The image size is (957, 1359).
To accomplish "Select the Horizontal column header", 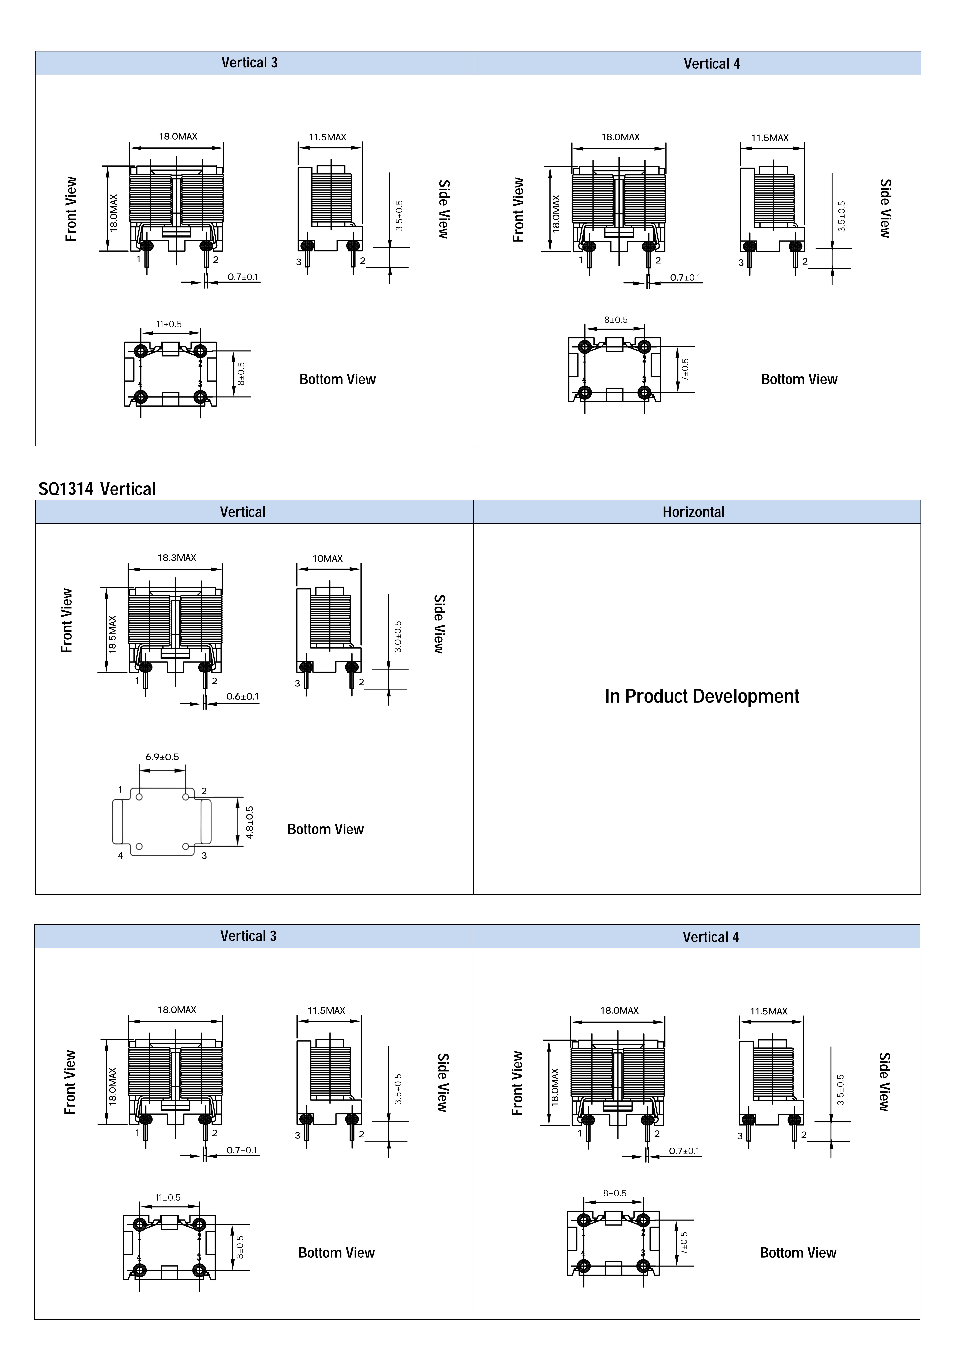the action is tap(693, 512).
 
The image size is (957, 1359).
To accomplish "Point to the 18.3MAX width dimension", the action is tap(176, 558).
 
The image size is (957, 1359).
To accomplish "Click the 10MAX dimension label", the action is tap(327, 558).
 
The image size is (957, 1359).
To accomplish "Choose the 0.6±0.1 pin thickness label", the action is tap(243, 697).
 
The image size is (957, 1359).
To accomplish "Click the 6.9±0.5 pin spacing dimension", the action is tap(162, 757).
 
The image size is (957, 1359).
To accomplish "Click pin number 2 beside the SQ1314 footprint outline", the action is tap(204, 791).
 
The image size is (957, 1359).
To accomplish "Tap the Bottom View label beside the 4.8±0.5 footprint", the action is tap(326, 829).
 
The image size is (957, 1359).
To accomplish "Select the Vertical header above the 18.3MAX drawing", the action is tap(243, 512).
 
